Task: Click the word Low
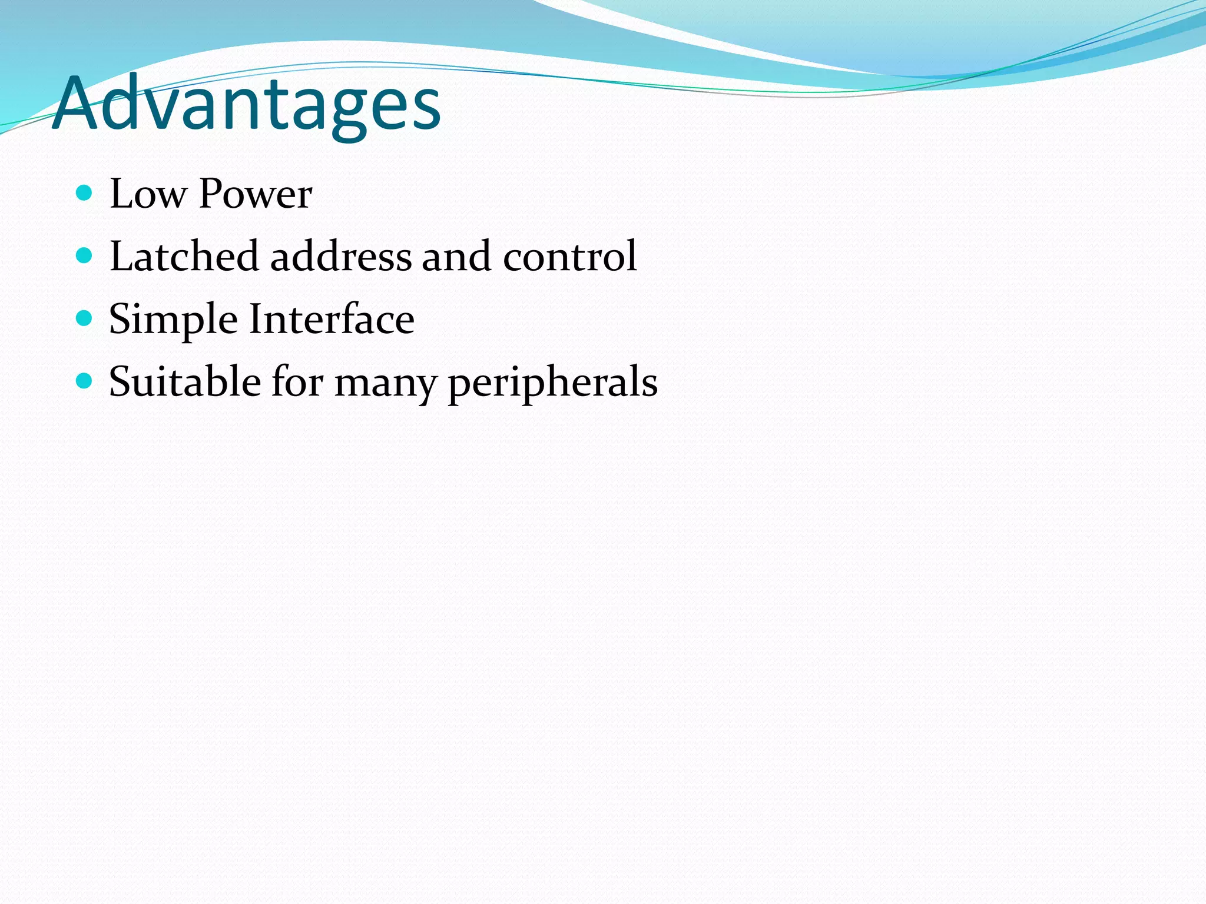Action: [148, 194]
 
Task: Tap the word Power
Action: [256, 194]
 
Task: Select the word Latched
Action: [184, 256]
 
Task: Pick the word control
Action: [569, 257]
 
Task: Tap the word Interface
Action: [332, 319]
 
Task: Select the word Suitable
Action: [185, 382]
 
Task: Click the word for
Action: [297, 382]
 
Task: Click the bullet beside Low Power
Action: [85, 192]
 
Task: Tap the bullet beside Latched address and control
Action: [85, 255]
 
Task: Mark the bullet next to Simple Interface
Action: [85, 318]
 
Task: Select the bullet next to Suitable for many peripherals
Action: [85, 381]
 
